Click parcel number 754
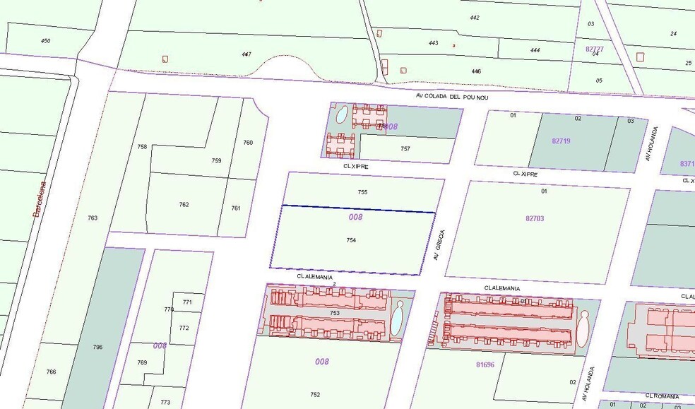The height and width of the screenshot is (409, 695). [350, 240]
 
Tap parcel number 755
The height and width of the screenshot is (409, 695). [362, 192]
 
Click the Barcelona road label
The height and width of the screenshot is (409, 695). [40, 198]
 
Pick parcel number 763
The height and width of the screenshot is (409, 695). [93, 218]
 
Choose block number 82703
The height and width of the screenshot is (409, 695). [535, 218]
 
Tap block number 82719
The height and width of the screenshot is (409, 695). [561, 141]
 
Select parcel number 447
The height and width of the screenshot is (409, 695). [246, 54]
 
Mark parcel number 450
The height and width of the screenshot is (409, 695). [45, 41]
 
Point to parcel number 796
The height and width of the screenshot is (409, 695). [97, 347]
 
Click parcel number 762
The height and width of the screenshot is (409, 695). [184, 205]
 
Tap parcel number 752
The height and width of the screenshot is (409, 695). [315, 394]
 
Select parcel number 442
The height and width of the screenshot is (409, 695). [475, 18]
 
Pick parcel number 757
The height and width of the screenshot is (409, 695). [405, 149]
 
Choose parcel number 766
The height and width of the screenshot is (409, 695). [51, 372]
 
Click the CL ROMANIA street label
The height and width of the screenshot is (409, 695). [661, 396]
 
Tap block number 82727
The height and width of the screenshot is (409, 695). [595, 49]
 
